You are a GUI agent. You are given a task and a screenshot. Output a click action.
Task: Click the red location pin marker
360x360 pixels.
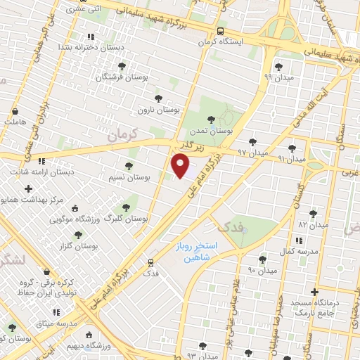(x=181, y=166)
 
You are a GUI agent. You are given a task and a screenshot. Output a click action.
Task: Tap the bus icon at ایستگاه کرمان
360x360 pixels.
(x=221, y=32)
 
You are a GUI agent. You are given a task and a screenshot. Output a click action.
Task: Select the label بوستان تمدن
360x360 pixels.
(x=211, y=131)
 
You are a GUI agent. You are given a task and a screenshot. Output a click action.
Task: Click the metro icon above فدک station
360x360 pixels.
(x=150, y=262)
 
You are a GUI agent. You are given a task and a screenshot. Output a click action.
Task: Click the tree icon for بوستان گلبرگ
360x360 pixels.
(x=126, y=207)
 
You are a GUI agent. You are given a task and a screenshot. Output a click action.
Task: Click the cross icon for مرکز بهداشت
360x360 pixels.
(x=28, y=188)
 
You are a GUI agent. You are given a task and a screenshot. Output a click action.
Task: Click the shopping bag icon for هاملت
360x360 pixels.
(x=15, y=110)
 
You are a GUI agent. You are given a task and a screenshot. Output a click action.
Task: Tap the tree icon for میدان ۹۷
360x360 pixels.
(x=252, y=142)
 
